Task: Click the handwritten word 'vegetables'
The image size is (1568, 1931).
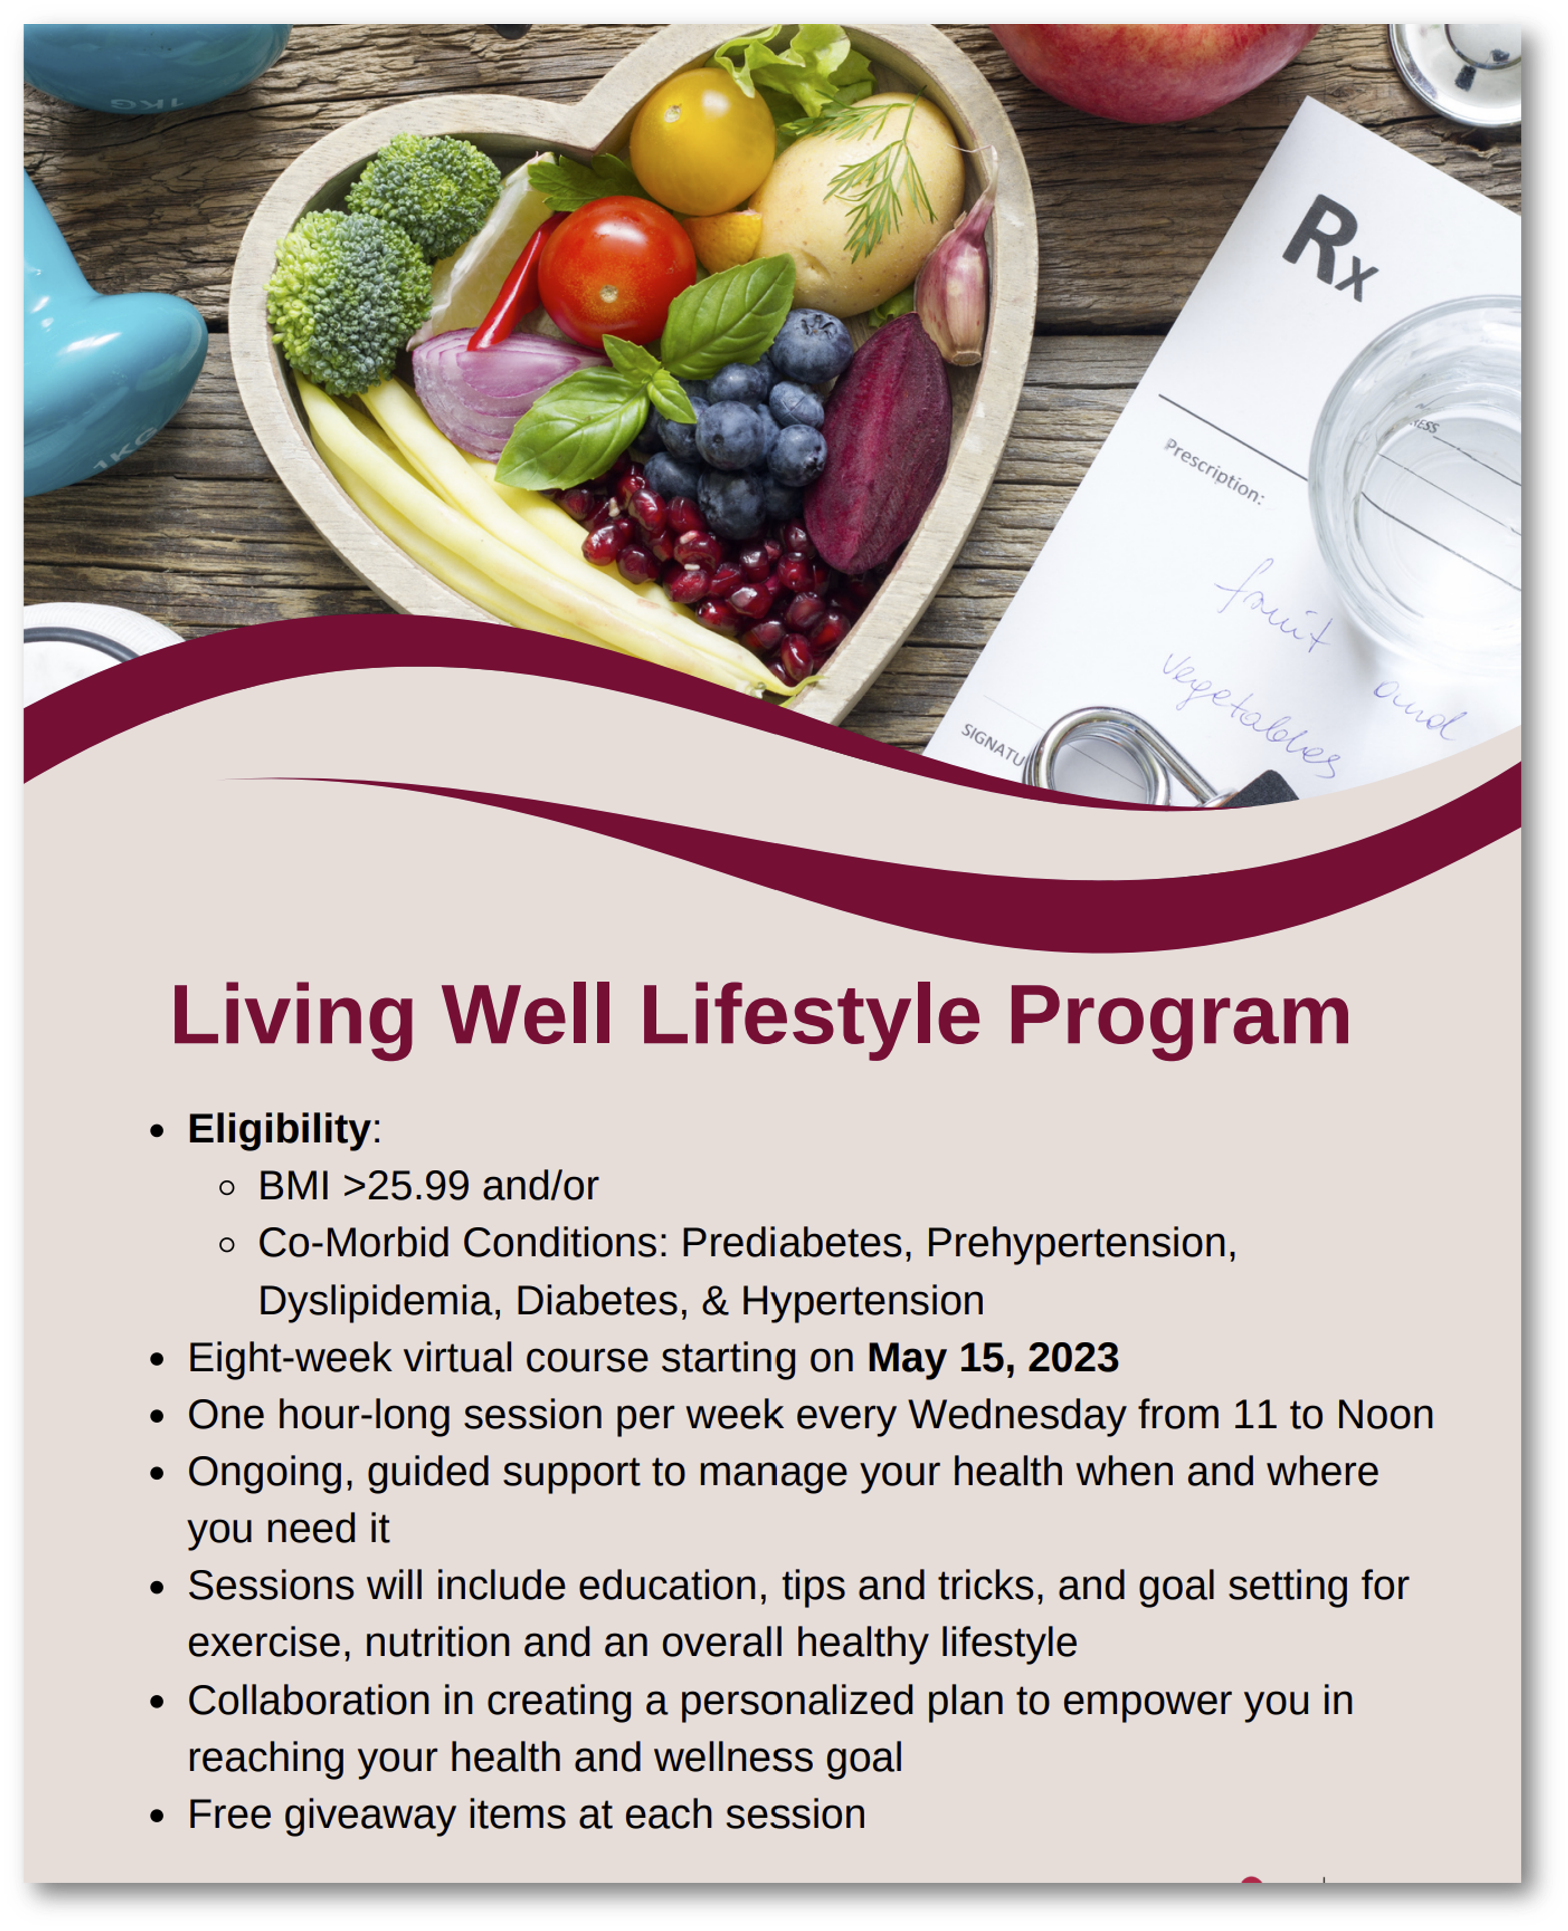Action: (x=1251, y=714)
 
